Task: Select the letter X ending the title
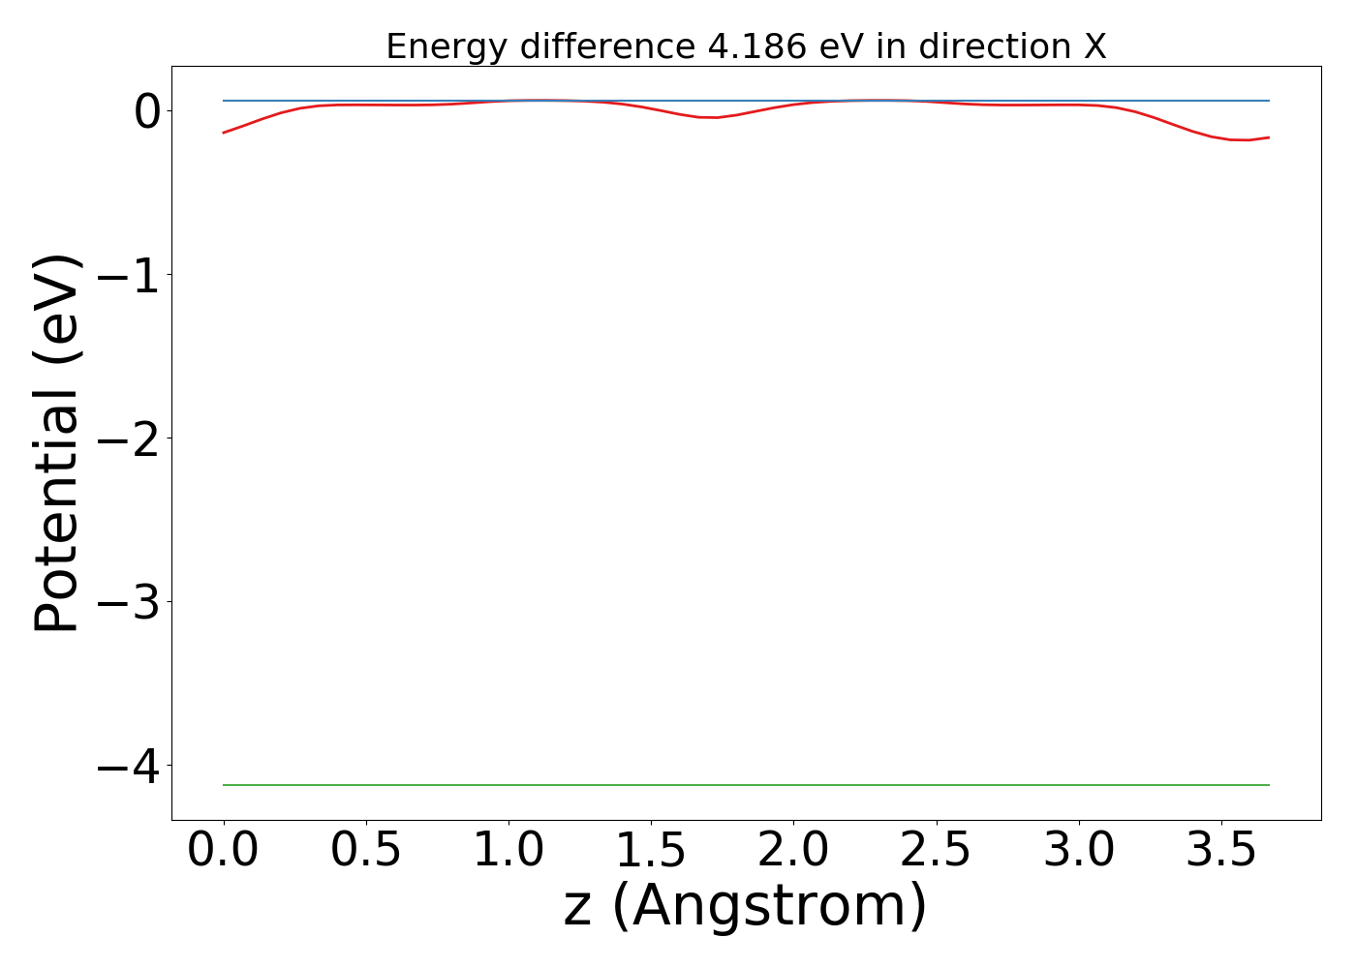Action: coord(1094,45)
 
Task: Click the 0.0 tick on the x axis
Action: coord(224,850)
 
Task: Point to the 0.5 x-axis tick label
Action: coord(366,850)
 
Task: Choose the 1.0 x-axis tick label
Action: coord(508,850)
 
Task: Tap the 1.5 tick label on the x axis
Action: coord(651,850)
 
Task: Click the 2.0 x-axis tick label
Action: coord(793,850)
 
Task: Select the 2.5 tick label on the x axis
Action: coord(936,850)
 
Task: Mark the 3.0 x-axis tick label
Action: coord(1078,850)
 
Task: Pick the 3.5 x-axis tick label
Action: coord(1220,850)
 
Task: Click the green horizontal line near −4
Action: coord(746,785)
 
